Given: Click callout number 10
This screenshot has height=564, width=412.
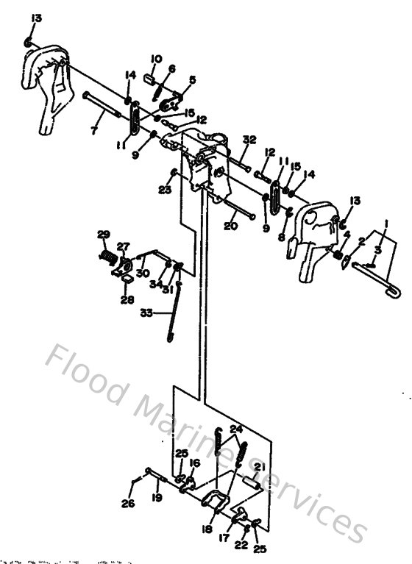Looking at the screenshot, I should point(156,59).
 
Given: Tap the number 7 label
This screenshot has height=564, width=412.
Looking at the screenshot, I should point(93,132).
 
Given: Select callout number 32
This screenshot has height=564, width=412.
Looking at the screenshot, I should point(249,140).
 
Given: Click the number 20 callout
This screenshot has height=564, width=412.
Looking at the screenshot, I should point(230,226).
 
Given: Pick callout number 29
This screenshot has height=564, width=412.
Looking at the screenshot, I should point(103,235).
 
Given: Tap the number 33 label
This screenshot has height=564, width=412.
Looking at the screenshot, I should point(146,313).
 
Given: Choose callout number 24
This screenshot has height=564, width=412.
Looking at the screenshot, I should point(235,429).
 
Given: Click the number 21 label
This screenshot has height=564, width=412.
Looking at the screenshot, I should point(259,467).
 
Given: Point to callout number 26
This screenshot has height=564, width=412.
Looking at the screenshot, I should point(129,504).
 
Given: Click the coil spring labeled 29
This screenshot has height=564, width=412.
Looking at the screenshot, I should point(108,257).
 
